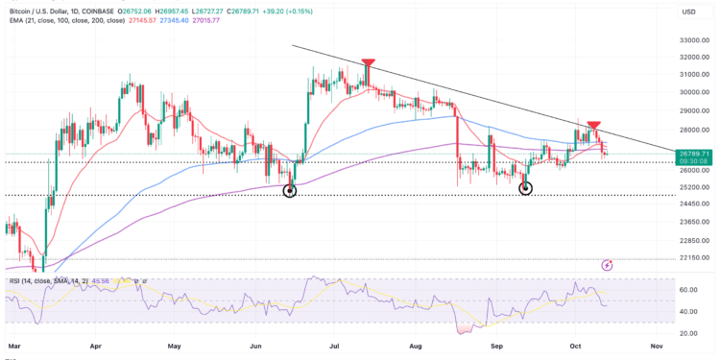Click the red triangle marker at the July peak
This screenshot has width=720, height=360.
[x=367, y=64]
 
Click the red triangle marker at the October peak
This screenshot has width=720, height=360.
[x=594, y=126]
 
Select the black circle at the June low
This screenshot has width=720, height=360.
[x=290, y=191]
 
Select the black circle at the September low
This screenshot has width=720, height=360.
[x=525, y=188]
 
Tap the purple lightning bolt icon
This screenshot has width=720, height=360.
[x=607, y=264]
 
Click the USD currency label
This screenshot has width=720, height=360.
[x=687, y=12]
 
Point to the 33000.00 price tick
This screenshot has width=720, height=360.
[x=693, y=40]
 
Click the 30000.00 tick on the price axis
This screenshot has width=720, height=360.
[x=693, y=93]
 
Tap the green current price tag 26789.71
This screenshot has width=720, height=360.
[x=694, y=153]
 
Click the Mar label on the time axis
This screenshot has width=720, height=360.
[x=13, y=343]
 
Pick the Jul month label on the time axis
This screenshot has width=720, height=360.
[x=336, y=343]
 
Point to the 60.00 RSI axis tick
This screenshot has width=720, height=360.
[x=687, y=289]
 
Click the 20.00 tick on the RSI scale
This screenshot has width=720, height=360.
[x=687, y=333]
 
